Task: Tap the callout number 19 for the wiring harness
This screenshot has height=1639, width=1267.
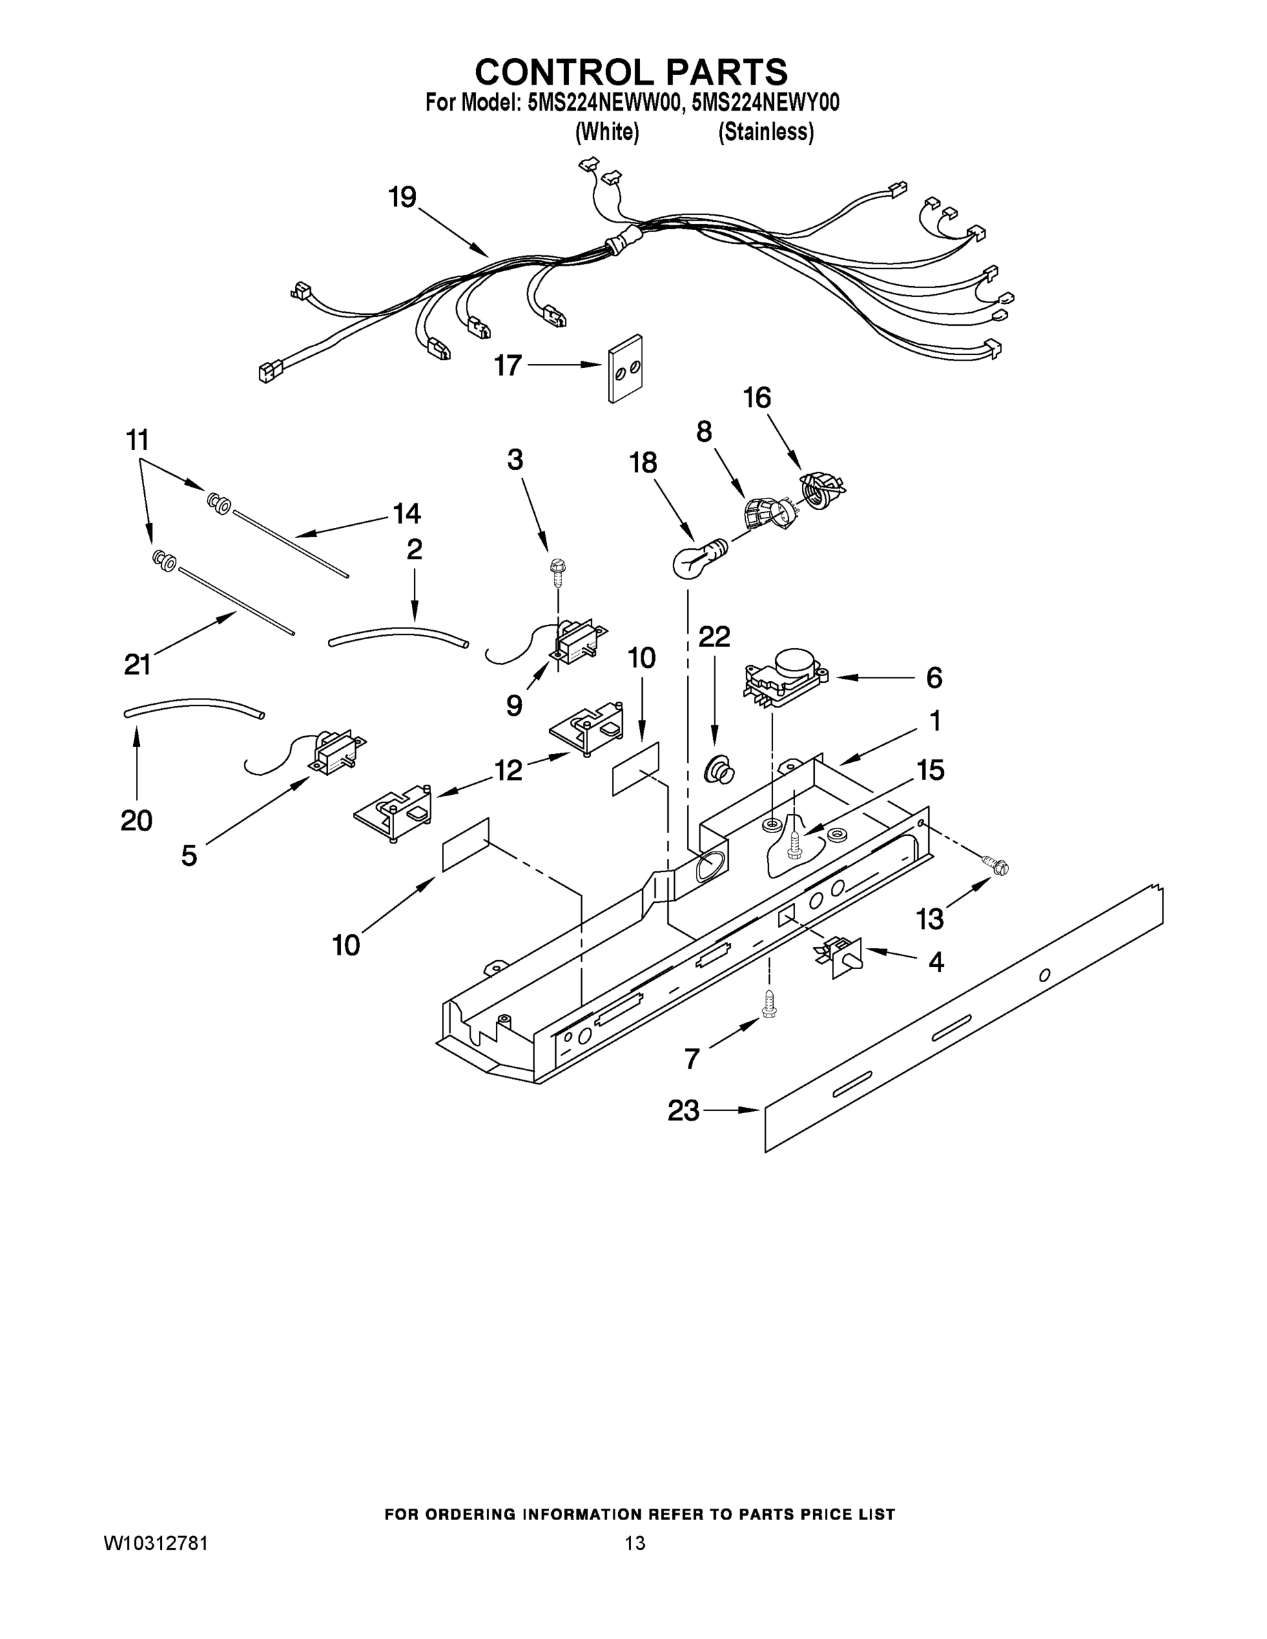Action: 402,197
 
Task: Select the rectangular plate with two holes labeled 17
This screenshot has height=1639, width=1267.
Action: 624,367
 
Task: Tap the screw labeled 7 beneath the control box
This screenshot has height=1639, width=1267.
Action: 768,1003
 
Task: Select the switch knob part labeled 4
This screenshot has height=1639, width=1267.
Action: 841,955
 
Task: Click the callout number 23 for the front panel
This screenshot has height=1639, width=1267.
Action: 683,1110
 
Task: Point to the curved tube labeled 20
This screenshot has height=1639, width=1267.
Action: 194,708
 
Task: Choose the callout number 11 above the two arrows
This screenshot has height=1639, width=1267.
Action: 137,440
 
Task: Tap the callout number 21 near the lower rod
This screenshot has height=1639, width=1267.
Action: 138,663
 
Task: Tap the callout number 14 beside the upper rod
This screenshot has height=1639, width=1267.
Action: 406,514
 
